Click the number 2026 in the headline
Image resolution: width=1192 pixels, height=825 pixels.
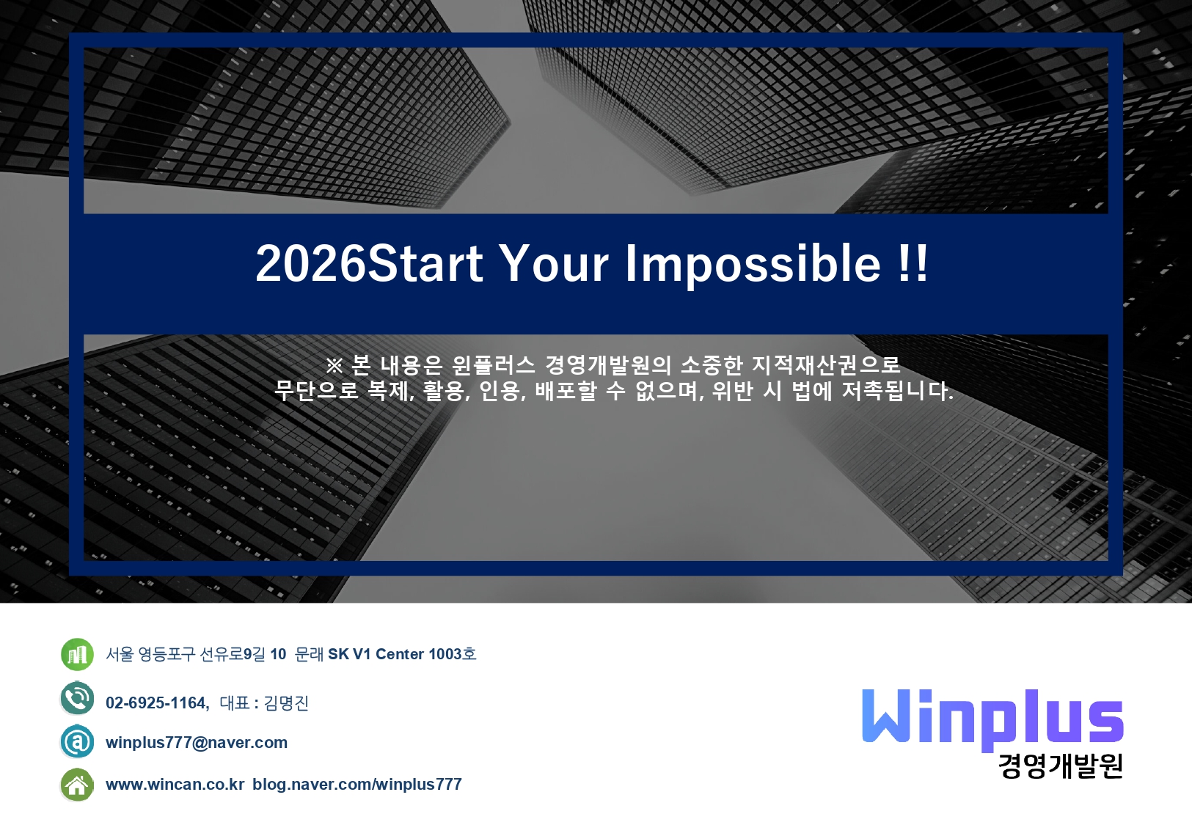(x=311, y=263)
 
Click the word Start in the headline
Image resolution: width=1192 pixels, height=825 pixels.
(x=425, y=263)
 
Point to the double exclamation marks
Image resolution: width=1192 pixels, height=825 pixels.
(x=912, y=263)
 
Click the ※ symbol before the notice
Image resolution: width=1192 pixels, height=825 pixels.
(x=334, y=365)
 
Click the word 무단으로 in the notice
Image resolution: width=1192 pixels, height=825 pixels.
(x=316, y=391)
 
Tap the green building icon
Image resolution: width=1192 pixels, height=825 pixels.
(x=77, y=654)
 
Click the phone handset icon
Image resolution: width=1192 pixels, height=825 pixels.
(x=77, y=698)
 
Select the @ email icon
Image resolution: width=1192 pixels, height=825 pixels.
(x=77, y=741)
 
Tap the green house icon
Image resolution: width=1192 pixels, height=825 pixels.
(x=77, y=785)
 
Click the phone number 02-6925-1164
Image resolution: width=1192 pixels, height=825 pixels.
(x=156, y=703)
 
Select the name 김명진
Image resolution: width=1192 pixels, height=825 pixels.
(x=286, y=703)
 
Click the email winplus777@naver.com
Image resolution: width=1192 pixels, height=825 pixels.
(x=197, y=743)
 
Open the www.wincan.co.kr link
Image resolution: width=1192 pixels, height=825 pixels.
(x=175, y=785)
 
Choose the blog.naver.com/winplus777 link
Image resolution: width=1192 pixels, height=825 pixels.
(x=357, y=785)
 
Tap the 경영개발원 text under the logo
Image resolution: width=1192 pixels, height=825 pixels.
(x=1061, y=766)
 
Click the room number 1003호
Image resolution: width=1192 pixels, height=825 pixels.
(x=453, y=654)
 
